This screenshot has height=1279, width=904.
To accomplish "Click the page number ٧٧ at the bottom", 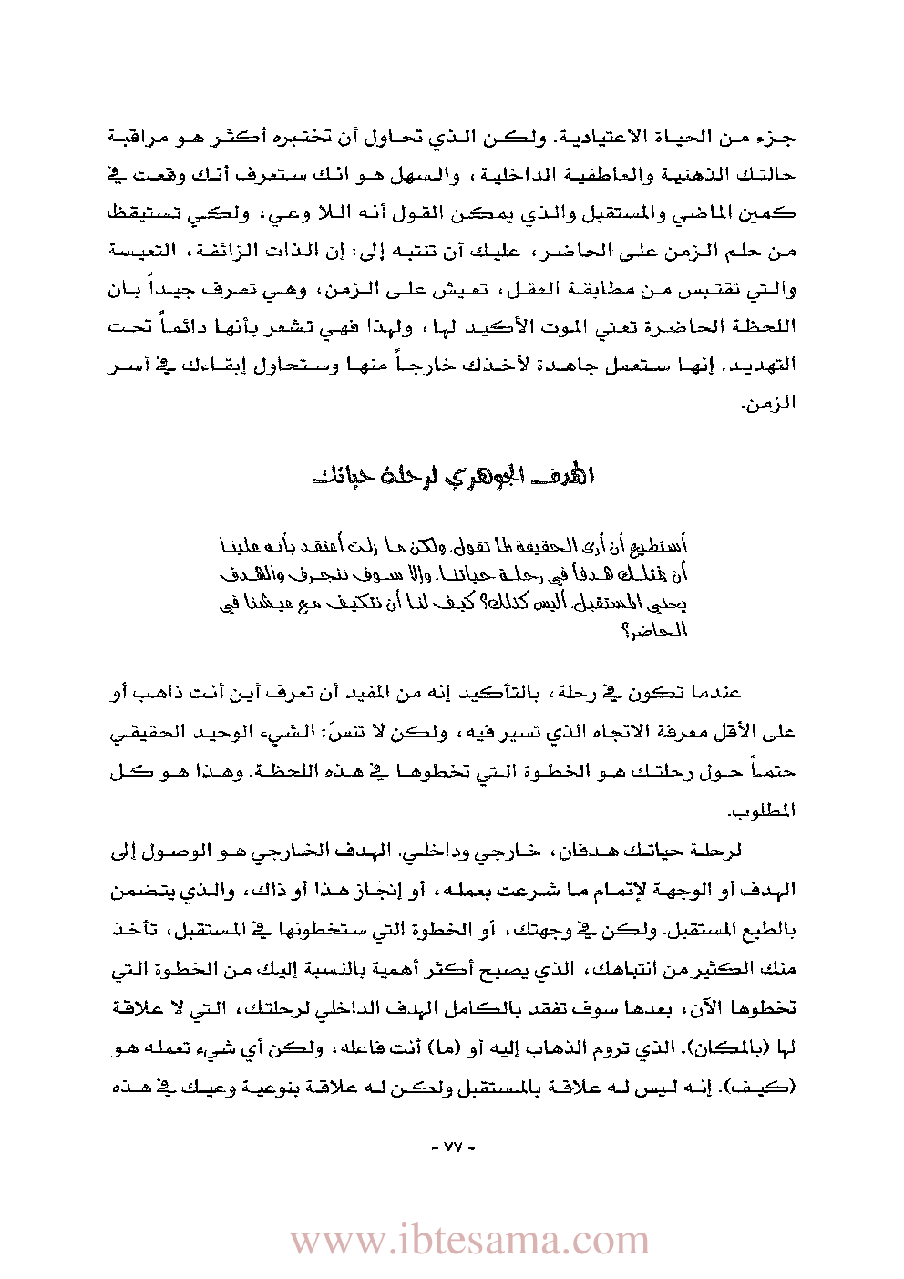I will pyautogui.click(x=453, y=1146).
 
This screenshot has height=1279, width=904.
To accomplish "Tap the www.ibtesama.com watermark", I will pyautogui.click(x=469, y=1241).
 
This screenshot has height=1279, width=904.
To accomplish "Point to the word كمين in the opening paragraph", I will pyautogui.click(x=776, y=213).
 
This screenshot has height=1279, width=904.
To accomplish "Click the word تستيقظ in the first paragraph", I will pyautogui.click(x=762, y=213).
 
